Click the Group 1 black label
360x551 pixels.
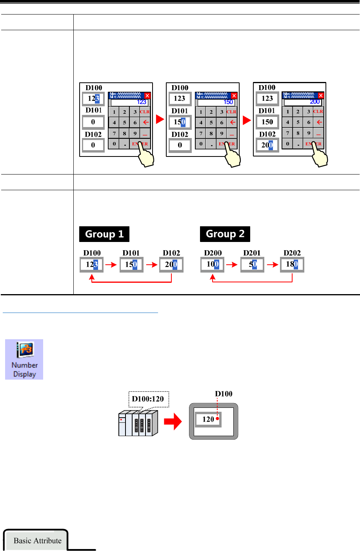(x=104, y=234)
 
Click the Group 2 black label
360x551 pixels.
(x=225, y=234)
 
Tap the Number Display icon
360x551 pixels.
(x=24, y=359)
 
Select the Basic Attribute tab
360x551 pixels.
(x=37, y=540)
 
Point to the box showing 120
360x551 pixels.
(x=208, y=419)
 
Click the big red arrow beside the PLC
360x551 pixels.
(x=173, y=422)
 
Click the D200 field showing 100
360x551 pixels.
(x=213, y=264)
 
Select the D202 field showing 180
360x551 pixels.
(x=292, y=264)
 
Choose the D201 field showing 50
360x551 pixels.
(x=252, y=264)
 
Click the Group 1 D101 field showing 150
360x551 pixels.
(x=131, y=264)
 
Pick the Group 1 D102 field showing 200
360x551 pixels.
(x=171, y=264)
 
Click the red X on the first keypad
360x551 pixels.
(x=147, y=96)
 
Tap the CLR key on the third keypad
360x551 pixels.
(x=318, y=112)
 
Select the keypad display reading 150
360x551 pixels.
(x=216, y=102)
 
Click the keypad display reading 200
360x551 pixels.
(x=303, y=102)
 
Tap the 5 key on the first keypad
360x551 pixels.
(x=125, y=122)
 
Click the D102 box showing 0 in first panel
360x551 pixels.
(x=93, y=145)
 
